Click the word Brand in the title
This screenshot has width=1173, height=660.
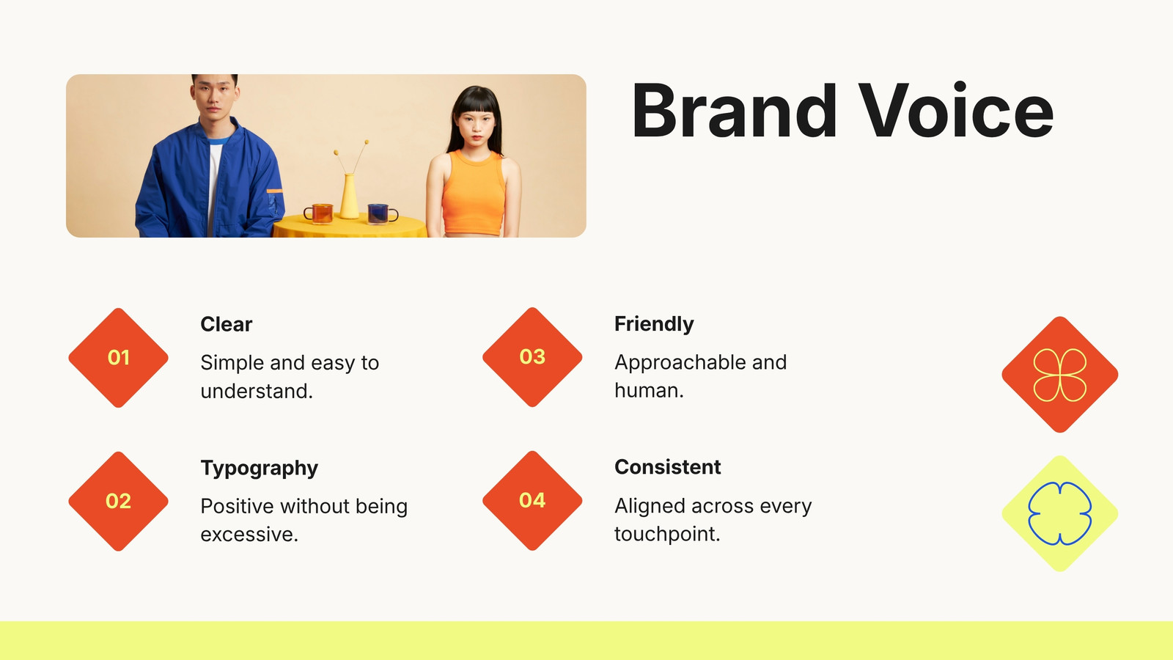tap(734, 110)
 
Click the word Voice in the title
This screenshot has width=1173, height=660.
tap(956, 110)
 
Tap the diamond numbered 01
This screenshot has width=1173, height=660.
tap(118, 358)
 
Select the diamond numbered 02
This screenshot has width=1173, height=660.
tap(118, 502)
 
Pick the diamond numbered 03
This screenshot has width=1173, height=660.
tap(532, 356)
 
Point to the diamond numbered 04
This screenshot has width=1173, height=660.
tap(532, 500)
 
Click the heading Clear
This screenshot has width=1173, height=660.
tap(227, 324)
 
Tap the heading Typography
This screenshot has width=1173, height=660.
tap(260, 469)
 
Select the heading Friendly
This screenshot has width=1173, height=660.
tap(654, 324)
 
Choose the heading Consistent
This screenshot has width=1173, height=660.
tap(668, 466)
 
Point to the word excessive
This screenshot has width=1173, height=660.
tap(246, 535)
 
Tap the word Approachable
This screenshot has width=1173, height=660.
tap(680, 363)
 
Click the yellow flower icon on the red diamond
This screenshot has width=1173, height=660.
tap(1060, 375)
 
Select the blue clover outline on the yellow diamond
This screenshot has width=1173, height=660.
tap(1060, 513)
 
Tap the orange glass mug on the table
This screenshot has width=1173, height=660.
tap(319, 213)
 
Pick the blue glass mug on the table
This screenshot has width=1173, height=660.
tap(382, 213)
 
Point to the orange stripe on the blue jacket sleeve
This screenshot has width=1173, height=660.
tap(274, 191)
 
